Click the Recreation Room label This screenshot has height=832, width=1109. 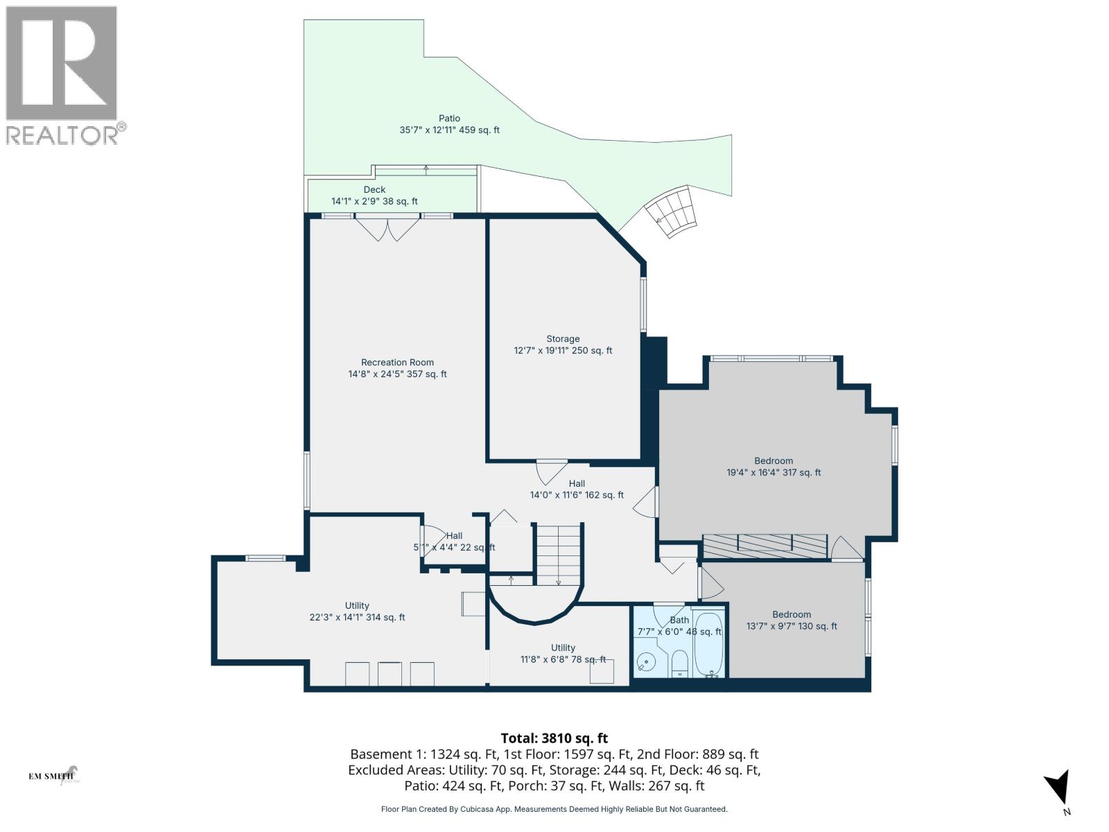click(397, 368)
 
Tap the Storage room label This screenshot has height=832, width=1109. click(563, 345)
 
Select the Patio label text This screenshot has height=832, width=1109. click(449, 124)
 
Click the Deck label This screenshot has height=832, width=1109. click(374, 196)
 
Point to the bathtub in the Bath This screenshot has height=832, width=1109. click(708, 645)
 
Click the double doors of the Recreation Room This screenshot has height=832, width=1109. click(387, 229)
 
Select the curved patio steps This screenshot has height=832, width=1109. click(671, 211)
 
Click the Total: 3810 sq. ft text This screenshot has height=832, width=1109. click(554, 738)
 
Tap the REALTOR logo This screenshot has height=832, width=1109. click(64, 75)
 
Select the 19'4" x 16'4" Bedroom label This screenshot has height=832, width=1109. click(774, 467)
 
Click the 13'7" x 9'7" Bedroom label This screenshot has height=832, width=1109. click(792, 620)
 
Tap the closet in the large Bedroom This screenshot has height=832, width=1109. click(765, 546)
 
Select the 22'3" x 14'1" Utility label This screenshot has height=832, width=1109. click(357, 612)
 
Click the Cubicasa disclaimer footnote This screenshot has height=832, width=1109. click(554, 809)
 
